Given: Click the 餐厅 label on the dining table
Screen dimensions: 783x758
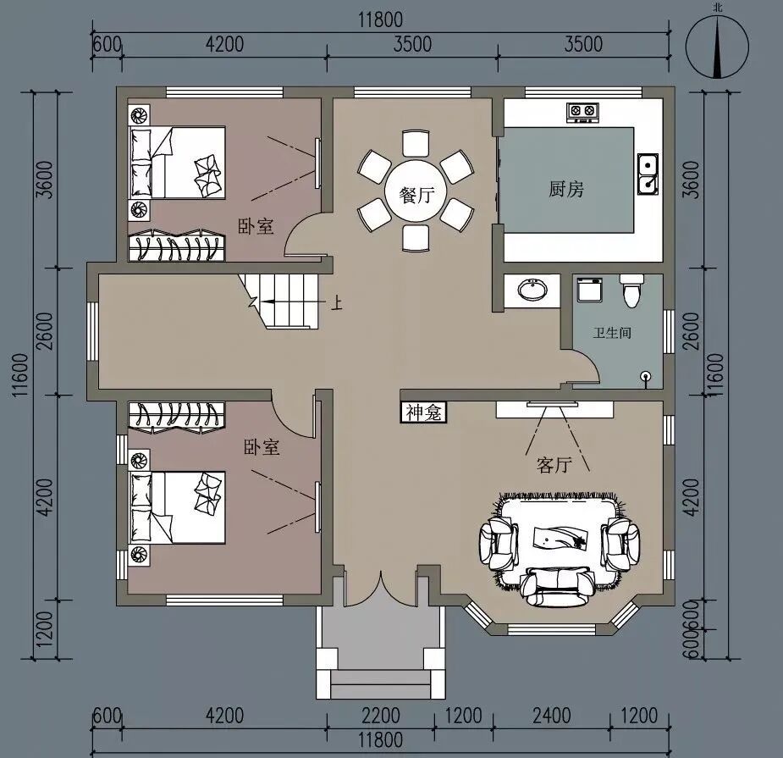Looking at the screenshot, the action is tap(416, 195).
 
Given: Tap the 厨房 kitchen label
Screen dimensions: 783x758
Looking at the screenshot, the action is tap(566, 190).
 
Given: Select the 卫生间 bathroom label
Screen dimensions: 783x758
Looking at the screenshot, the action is tap(612, 332).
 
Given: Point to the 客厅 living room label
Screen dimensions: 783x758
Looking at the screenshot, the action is tap(554, 465).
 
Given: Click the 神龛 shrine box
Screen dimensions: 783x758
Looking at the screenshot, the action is tap(423, 412).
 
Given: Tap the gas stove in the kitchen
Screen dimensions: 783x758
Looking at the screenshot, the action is tap(582, 112).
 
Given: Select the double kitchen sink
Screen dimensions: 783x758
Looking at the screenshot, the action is tap(648, 174).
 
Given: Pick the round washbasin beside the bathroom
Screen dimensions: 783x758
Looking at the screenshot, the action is tap(532, 290).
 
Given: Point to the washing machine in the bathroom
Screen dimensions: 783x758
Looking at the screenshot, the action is tap(590, 290).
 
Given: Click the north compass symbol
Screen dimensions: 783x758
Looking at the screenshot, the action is tap(718, 47).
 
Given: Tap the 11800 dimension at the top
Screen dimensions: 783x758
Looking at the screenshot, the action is tap(381, 20).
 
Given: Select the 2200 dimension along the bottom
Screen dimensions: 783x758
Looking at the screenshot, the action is tap(381, 716).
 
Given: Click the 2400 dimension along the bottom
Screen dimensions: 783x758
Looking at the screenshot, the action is tap(552, 716).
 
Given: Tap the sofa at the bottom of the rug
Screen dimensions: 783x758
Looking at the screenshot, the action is tap(557, 587).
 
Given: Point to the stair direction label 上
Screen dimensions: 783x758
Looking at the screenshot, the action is tap(338, 303).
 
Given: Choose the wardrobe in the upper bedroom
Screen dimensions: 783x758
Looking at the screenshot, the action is tap(176, 245).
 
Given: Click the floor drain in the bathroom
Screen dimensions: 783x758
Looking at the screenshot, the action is tap(646, 376).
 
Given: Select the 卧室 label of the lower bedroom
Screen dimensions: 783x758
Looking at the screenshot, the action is tap(262, 446).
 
